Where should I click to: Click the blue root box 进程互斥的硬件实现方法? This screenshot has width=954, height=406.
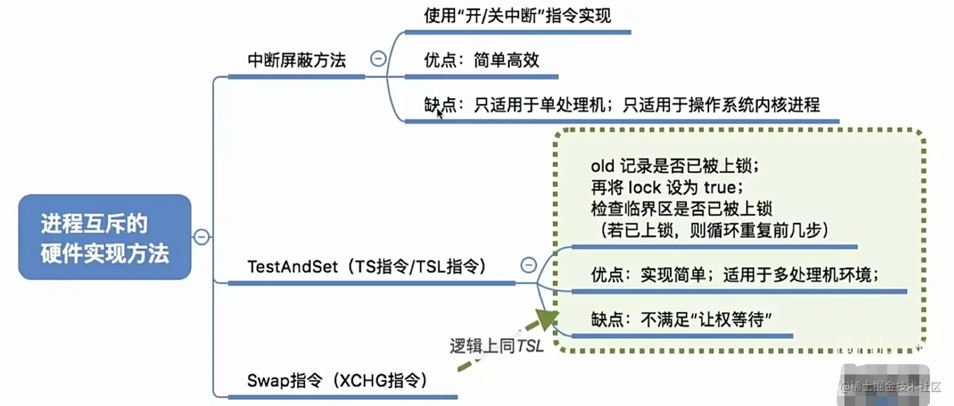click(x=105, y=237)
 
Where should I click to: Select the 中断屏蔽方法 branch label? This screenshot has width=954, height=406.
click(x=297, y=61)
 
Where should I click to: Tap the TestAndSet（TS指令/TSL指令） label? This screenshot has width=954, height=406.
click(x=367, y=267)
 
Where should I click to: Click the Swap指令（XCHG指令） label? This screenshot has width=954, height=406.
click(x=337, y=381)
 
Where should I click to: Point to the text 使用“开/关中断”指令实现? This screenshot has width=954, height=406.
click(x=517, y=16)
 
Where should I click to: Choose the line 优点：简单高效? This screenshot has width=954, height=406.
click(x=481, y=61)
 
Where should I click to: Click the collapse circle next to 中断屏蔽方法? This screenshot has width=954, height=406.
click(x=378, y=59)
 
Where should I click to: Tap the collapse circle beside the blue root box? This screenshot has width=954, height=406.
click(x=201, y=237)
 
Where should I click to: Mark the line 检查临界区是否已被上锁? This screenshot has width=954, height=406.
click(x=681, y=208)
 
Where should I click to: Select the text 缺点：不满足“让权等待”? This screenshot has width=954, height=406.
click(x=682, y=319)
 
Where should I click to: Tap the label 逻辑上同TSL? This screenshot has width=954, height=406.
click(x=496, y=346)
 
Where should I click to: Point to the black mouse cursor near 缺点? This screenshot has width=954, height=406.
click(x=440, y=114)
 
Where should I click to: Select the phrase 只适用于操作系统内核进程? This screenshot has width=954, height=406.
click(x=721, y=105)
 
